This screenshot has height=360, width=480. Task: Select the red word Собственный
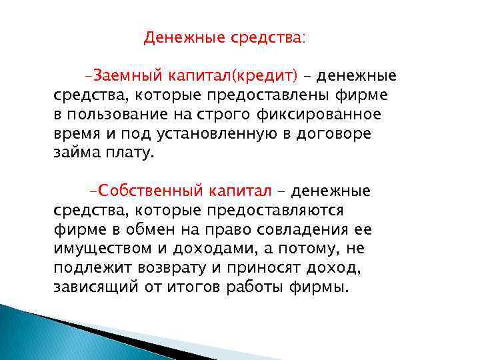150,191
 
